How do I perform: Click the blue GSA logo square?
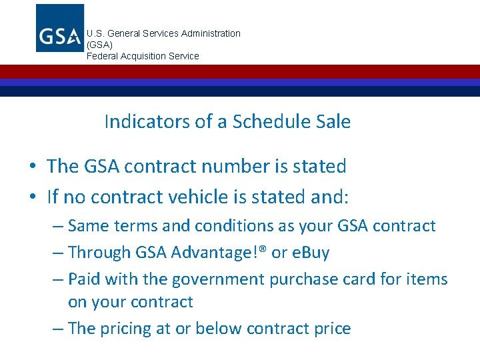60,28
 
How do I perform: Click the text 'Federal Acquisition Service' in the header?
143,56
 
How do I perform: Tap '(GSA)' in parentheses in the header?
100,45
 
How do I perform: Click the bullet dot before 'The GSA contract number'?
33,167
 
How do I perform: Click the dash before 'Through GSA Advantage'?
59,253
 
